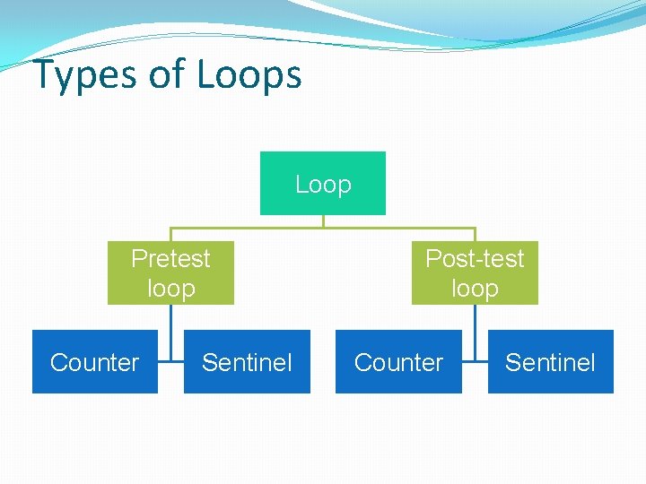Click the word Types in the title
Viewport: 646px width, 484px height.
pos(85,75)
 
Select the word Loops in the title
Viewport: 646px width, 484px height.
pos(249,75)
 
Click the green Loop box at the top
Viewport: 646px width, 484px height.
pos(323,184)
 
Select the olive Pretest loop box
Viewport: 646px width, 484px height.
pos(170,272)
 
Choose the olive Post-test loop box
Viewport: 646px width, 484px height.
pos(475,272)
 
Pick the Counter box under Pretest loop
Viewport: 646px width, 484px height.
pos(95,362)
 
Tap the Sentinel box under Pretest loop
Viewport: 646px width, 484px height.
pos(247,362)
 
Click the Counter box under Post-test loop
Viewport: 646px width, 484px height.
pos(398,362)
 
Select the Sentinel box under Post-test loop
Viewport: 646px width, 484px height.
pos(550,362)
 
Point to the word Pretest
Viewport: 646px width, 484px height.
pos(170,258)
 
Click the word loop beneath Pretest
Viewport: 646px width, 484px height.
pos(170,289)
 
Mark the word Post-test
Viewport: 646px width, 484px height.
pos(475,258)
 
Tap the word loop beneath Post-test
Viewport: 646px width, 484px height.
pos(475,289)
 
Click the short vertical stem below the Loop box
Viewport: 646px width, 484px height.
pos(323,221)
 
